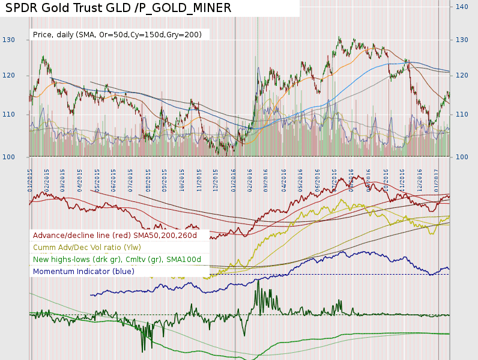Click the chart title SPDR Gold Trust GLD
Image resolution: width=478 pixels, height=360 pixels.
118,8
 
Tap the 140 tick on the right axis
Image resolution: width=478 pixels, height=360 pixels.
462,7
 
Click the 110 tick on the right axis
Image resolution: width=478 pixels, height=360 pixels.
462,114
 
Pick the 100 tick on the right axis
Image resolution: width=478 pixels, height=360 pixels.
462,157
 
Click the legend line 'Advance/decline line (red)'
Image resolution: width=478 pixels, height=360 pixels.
115,236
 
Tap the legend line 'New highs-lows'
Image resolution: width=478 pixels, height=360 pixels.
116,259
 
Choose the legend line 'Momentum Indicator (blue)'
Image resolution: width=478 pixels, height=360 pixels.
83,271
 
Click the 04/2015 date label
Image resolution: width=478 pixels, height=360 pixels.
80,178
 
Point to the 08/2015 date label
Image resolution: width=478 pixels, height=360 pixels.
148,178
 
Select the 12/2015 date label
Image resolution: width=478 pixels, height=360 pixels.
216,178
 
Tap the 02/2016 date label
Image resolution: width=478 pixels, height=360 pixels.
250,178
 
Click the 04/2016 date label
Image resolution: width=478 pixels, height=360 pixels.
283,178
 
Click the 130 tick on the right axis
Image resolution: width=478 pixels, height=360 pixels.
462,40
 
